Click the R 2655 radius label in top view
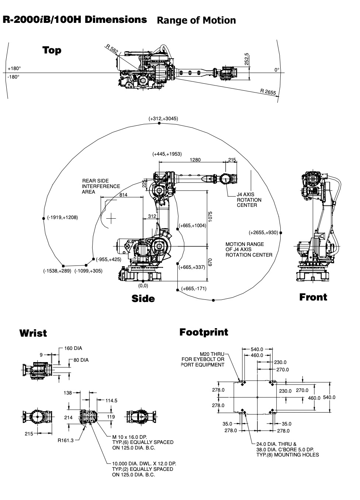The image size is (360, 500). coord(268,92)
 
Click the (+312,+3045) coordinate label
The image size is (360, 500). coord(163,119)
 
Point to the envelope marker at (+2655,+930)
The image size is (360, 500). coord(281,233)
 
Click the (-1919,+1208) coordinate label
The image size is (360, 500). coord(62,218)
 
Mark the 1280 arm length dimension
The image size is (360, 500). coord(195,160)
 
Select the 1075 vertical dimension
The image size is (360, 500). coord(210,216)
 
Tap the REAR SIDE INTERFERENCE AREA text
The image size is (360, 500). coord(101,186)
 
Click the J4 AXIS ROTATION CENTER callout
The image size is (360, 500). coord(249,200)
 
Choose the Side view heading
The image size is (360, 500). coord(143,298)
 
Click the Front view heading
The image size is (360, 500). coord(313,297)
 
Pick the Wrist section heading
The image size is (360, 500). coord(33,333)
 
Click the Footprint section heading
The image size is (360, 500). coord(204,332)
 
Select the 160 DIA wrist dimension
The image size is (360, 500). coord(73,348)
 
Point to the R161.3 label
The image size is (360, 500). coord(66,440)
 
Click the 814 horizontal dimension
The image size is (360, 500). coord(123,195)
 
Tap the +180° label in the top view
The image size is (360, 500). coord(14,69)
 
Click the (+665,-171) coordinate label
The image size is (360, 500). coord(194,288)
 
